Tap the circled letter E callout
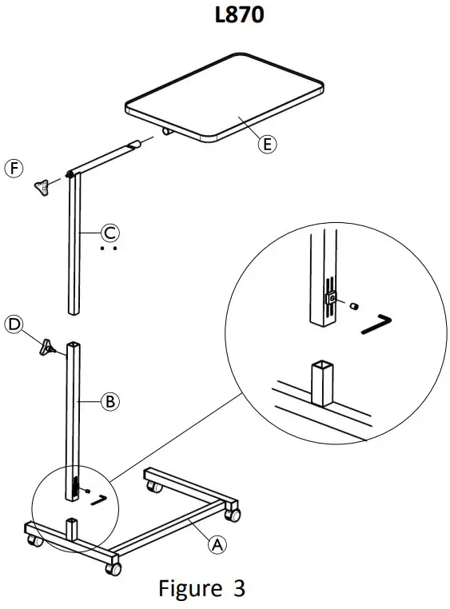(x=267, y=144)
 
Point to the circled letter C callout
(x=110, y=233)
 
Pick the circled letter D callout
(x=14, y=324)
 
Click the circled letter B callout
(x=110, y=401)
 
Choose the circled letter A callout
(x=215, y=545)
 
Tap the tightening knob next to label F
(x=42, y=187)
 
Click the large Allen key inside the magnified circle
(x=373, y=324)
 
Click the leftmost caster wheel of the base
(x=35, y=541)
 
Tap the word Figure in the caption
(x=188, y=589)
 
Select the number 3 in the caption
(x=239, y=589)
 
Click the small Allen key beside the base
(x=99, y=500)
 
